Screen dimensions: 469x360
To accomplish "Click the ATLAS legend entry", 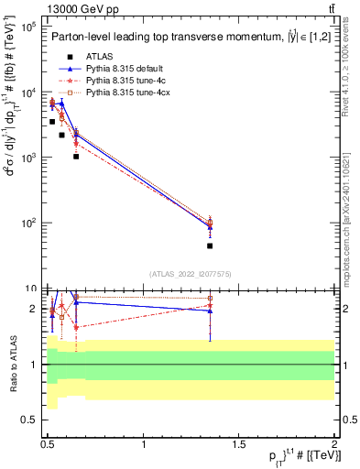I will click(99, 56).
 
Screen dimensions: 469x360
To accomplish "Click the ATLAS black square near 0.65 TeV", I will click(76, 157).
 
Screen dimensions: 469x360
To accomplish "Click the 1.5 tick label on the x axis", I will click(239, 444).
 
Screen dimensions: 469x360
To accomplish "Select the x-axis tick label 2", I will click(334, 444).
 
